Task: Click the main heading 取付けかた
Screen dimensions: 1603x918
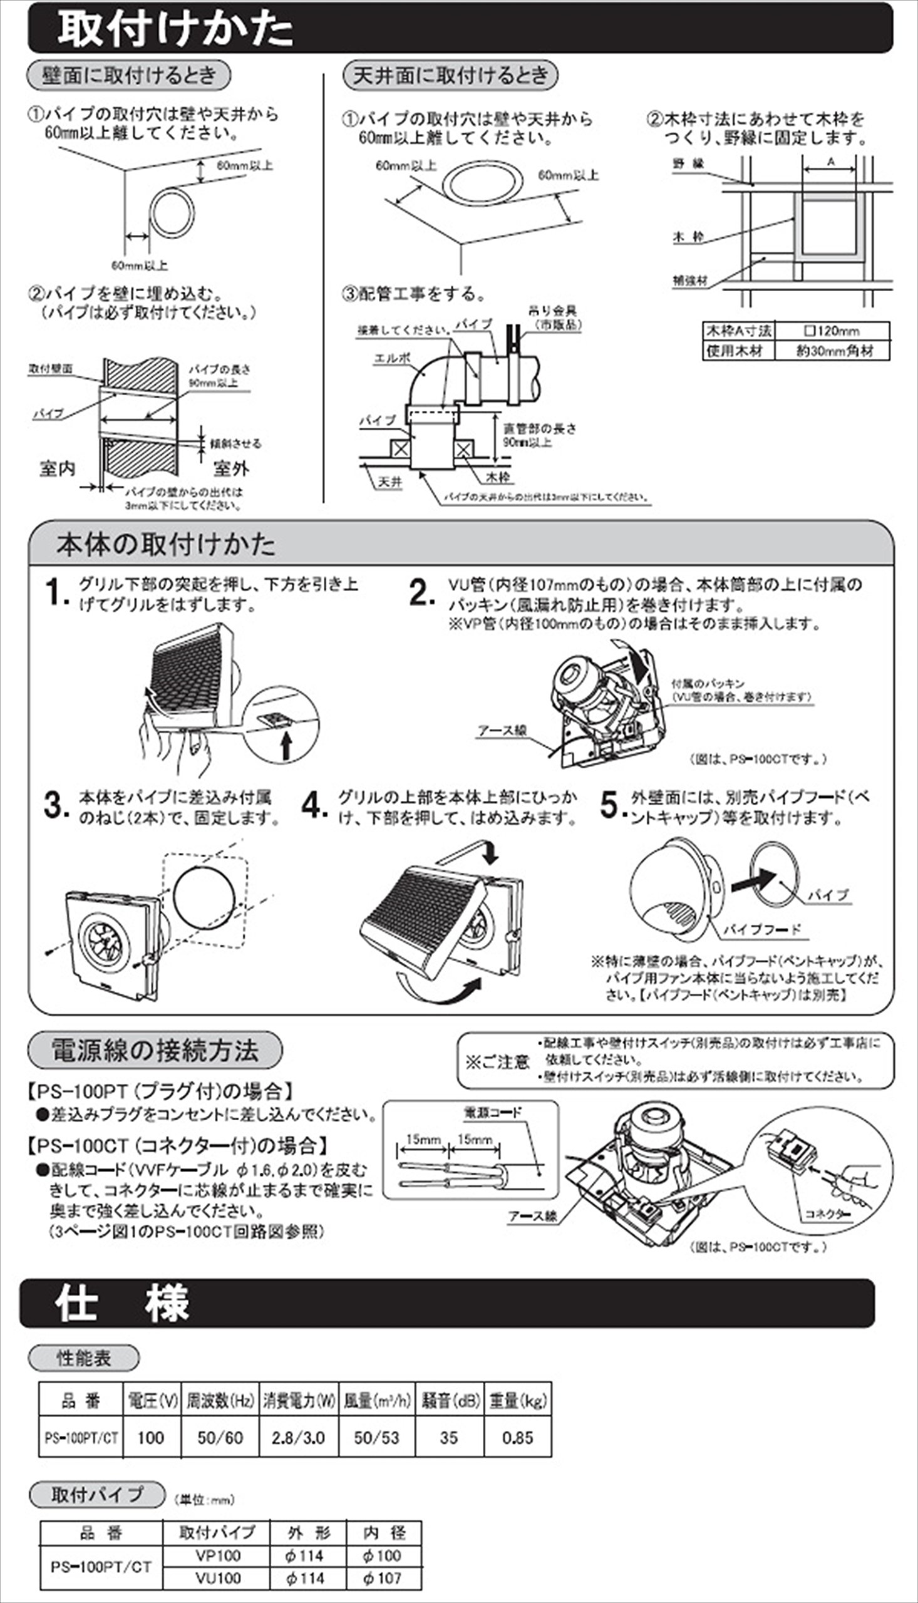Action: pos(175,29)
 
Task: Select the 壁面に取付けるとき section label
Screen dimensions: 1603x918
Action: pos(128,76)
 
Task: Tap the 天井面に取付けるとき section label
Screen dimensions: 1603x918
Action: pos(450,76)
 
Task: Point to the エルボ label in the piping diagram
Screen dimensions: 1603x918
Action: pos(392,358)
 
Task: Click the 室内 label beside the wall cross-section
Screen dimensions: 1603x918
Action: pos(58,468)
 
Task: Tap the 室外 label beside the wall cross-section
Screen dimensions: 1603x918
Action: pos(231,468)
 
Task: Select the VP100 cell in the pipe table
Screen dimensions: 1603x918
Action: pos(217,1555)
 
